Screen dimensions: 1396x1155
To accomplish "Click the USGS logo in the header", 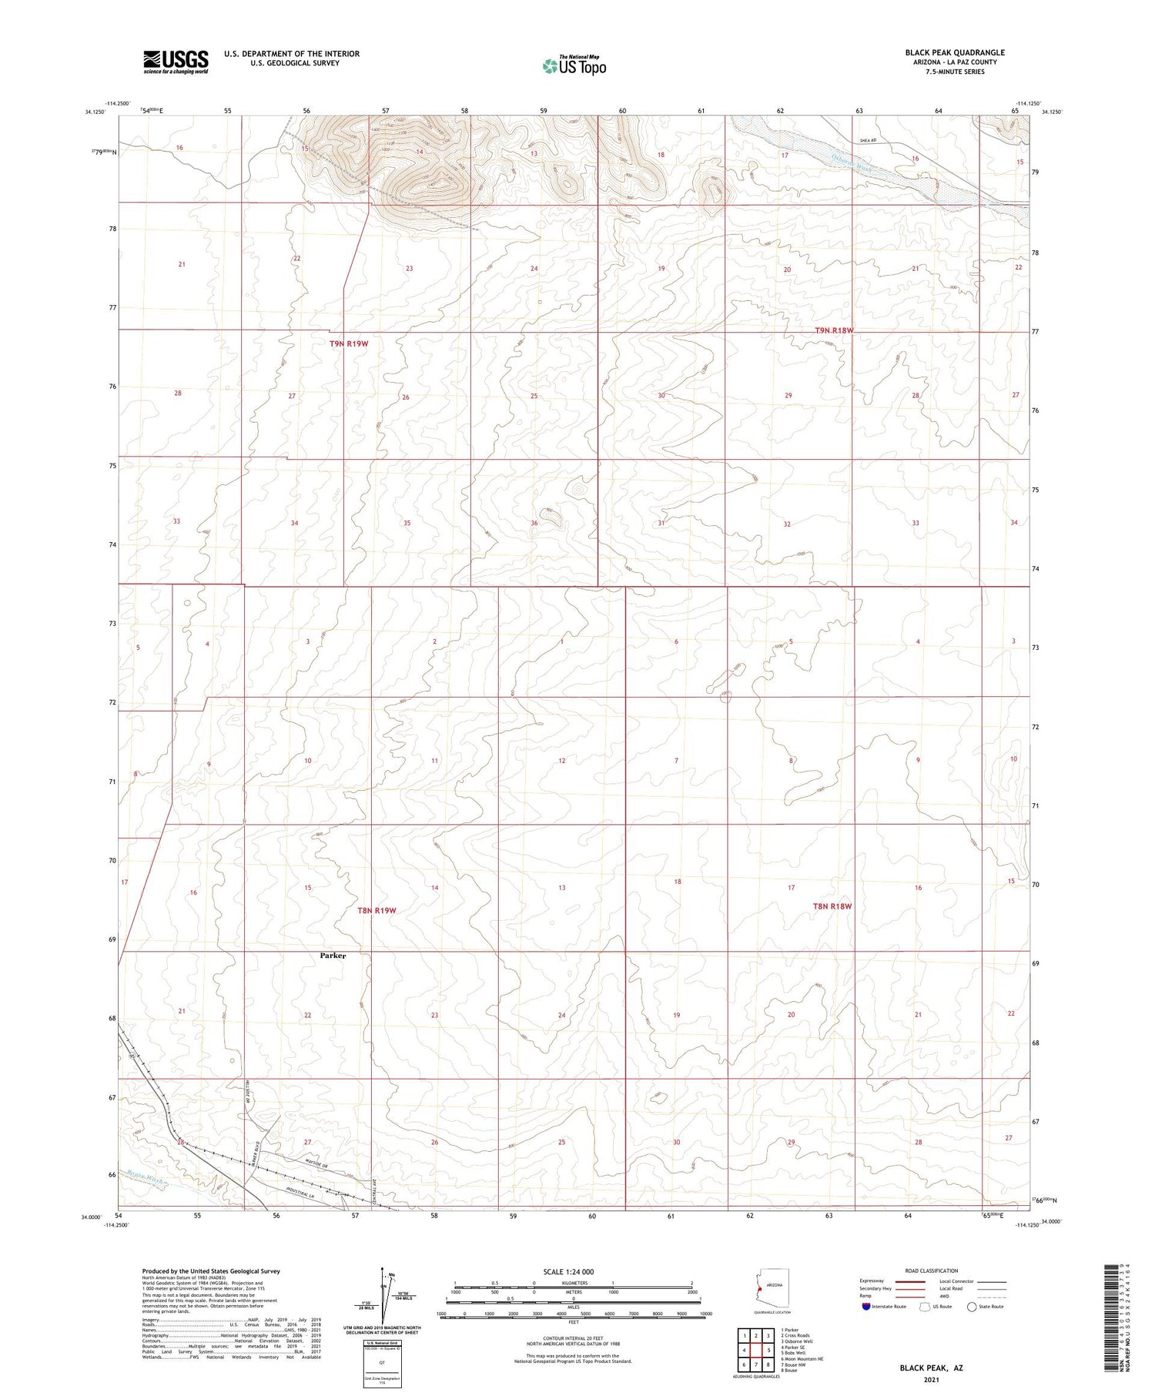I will pos(176,62).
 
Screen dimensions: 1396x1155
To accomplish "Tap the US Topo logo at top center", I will pos(574,66).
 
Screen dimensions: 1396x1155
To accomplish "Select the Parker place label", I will pos(333,956).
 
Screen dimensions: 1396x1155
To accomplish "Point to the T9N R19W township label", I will pos(348,343).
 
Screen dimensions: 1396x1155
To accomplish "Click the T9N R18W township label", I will pos(834,330).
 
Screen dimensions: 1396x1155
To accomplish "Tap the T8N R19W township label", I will pos(377,910).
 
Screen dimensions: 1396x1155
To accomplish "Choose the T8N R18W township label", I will pos(832,906).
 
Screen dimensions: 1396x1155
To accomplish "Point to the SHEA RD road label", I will pos(869,140).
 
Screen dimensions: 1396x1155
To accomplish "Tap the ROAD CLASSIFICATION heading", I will pos(931,1270).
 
